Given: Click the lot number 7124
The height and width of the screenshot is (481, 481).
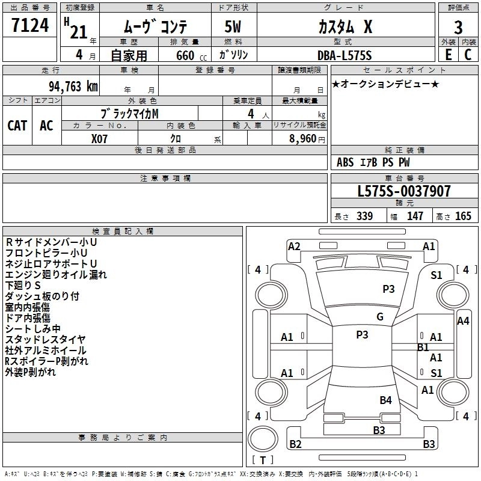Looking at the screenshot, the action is point(31,26).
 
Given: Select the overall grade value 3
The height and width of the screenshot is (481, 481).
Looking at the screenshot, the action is point(458,28).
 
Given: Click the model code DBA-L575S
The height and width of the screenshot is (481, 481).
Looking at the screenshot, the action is point(345,55).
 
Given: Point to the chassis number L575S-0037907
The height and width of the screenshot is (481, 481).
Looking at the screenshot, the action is point(404,192).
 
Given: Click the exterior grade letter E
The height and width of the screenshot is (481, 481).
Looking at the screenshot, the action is point(448,55).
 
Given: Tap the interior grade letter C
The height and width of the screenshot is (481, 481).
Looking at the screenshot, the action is point(468,55).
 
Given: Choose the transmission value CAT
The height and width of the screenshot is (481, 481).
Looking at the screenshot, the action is point(17,126).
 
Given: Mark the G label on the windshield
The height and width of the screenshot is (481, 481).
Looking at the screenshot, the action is point(379,317).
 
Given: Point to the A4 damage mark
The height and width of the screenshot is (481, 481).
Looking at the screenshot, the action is point(462,321).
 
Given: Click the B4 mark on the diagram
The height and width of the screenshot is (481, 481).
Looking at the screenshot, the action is point(385,400).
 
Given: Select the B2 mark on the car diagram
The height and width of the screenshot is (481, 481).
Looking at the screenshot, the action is point(295,444).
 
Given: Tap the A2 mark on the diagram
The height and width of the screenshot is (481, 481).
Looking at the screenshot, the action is point(294,246).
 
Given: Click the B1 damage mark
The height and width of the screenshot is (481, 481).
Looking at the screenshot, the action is point(423,347).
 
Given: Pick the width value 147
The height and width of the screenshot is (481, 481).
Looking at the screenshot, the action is point(415,216).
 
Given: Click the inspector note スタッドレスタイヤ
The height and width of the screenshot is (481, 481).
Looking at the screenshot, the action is point(46,340).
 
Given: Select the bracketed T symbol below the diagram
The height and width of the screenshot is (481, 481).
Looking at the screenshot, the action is point(262,461).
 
